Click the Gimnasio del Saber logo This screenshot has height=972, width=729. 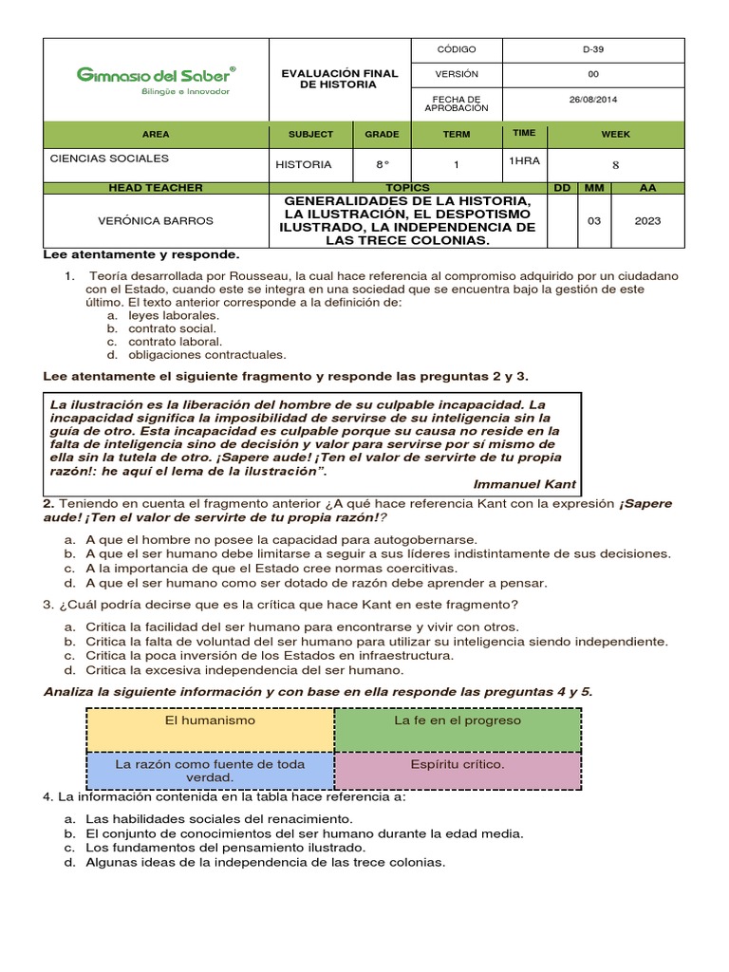coord(156,79)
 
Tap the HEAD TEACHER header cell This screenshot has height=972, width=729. coord(156,188)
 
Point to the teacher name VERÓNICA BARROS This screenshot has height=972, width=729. coord(156,220)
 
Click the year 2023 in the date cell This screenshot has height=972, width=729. coord(647,220)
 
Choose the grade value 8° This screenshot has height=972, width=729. coord(383,164)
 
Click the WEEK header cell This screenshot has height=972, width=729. coord(615,135)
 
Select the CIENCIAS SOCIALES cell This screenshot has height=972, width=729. coord(109,159)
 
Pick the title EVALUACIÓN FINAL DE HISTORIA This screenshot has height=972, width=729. coord(340,79)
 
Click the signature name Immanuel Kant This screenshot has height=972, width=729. coord(524,483)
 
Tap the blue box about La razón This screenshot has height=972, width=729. coord(210,770)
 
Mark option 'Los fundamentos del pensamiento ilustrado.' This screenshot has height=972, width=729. coord(225,847)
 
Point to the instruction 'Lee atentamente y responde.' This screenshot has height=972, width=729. coord(141,255)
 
